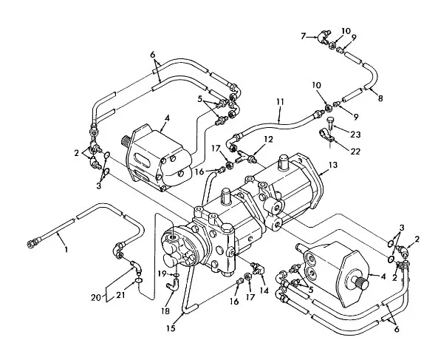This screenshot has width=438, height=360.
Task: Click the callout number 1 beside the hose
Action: pyautogui.click(x=66, y=249)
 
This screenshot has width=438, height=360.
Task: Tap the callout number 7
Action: pyautogui.click(x=304, y=36)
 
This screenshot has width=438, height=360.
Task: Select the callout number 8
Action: pyautogui.click(x=380, y=98)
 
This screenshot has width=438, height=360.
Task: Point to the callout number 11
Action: pyautogui.click(x=280, y=102)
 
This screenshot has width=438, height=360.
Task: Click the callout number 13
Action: pyautogui.click(x=333, y=165)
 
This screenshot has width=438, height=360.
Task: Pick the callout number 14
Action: pyautogui.click(x=264, y=291)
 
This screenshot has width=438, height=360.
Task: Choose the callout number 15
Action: pyautogui.click(x=171, y=328)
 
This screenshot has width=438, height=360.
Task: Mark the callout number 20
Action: pyautogui.click(x=95, y=298)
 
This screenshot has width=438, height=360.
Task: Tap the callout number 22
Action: pyautogui.click(x=355, y=152)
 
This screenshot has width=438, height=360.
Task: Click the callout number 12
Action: pyautogui.click(x=268, y=139)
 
